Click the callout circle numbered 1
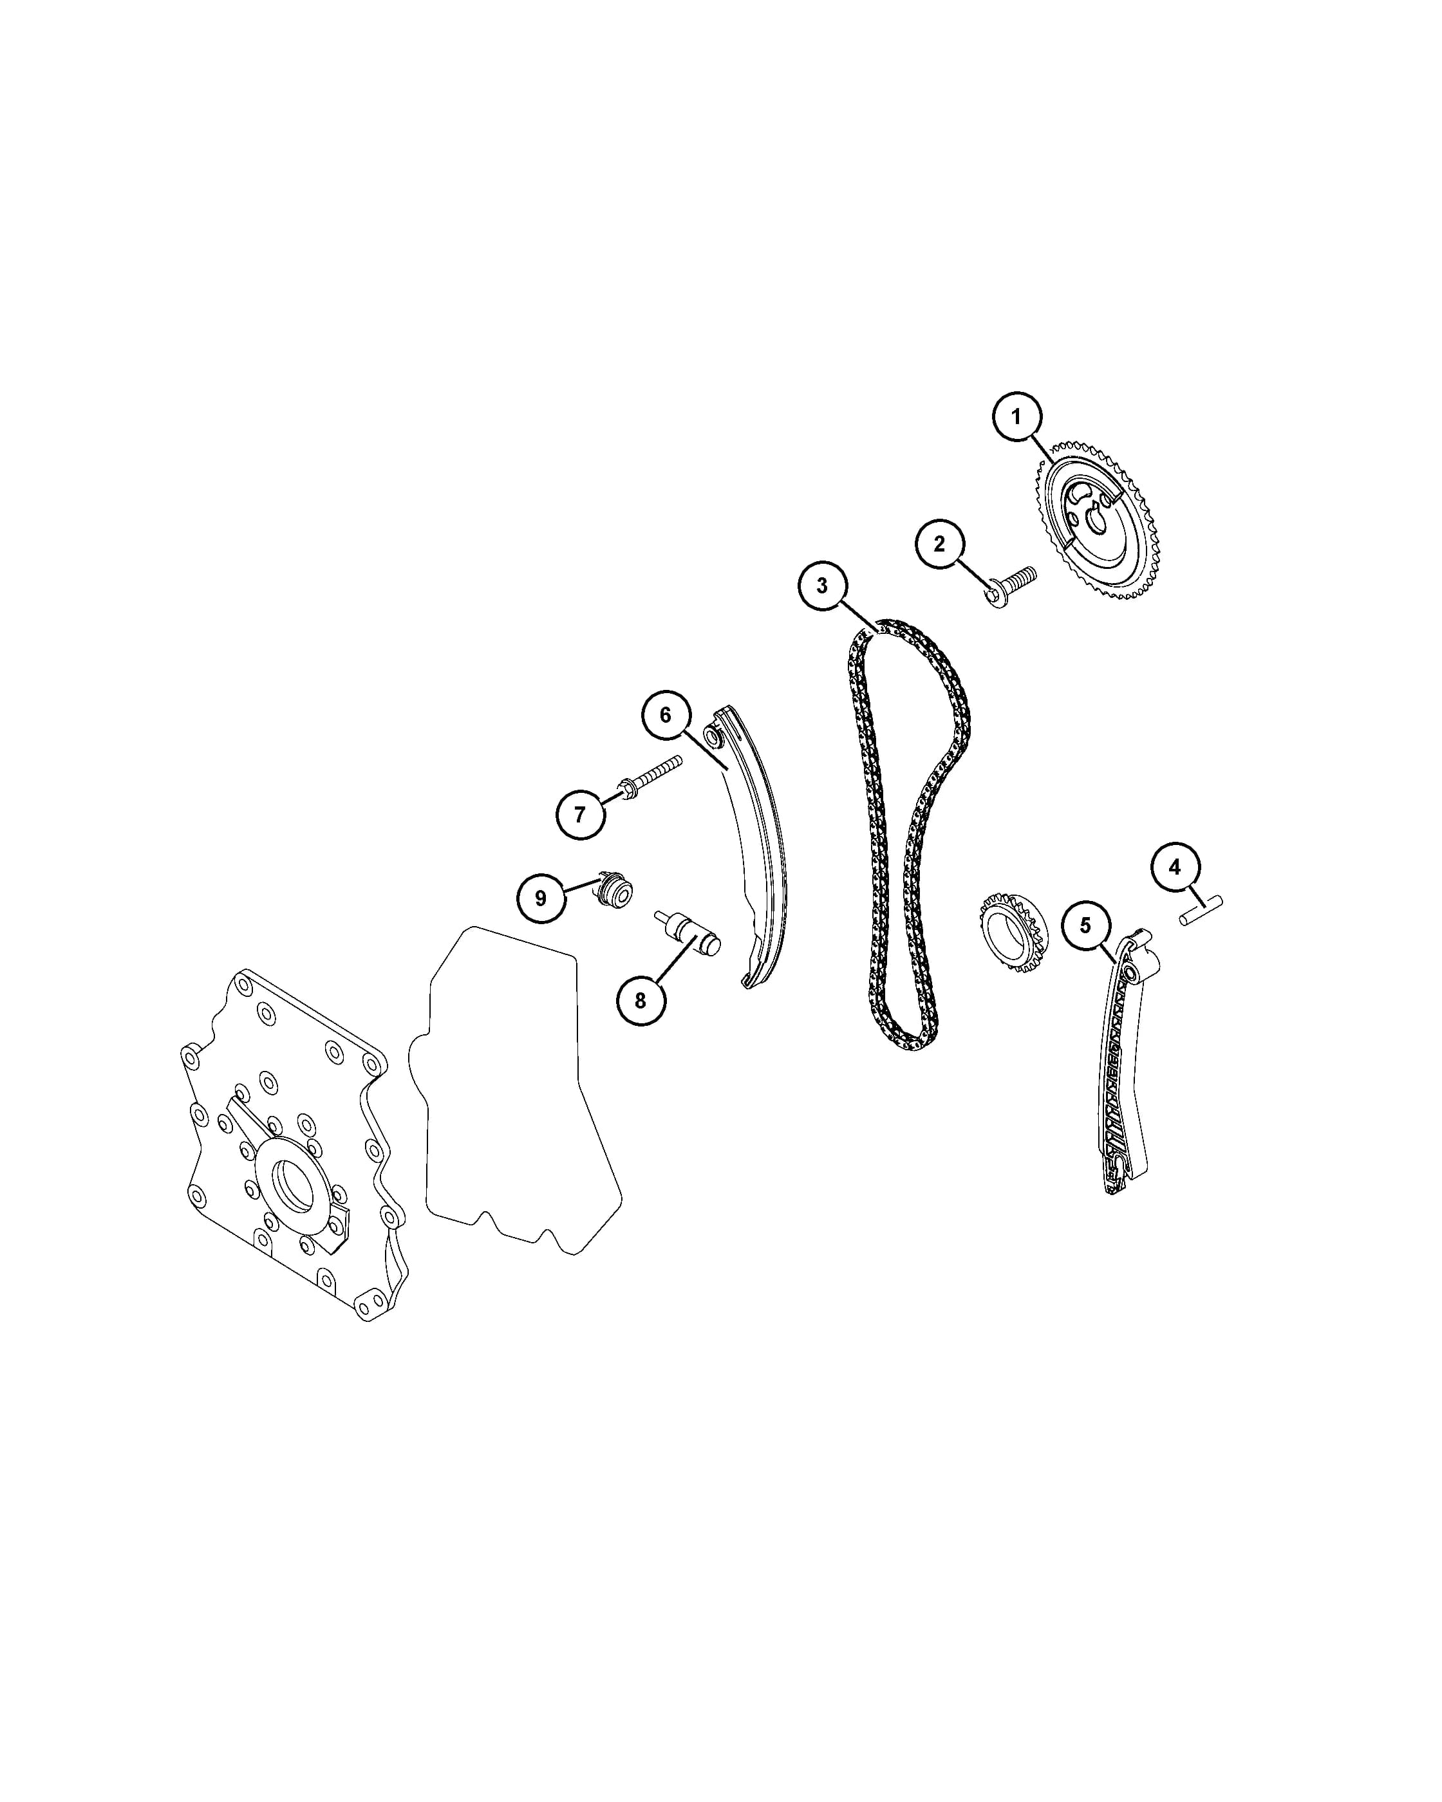1016,416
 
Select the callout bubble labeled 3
821,586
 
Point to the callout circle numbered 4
1174,868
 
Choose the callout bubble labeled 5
1086,925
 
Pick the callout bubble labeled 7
580,813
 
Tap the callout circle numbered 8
641,1001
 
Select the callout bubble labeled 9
541,898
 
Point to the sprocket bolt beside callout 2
1011,587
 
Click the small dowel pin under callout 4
1201,910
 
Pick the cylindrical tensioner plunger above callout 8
687,933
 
